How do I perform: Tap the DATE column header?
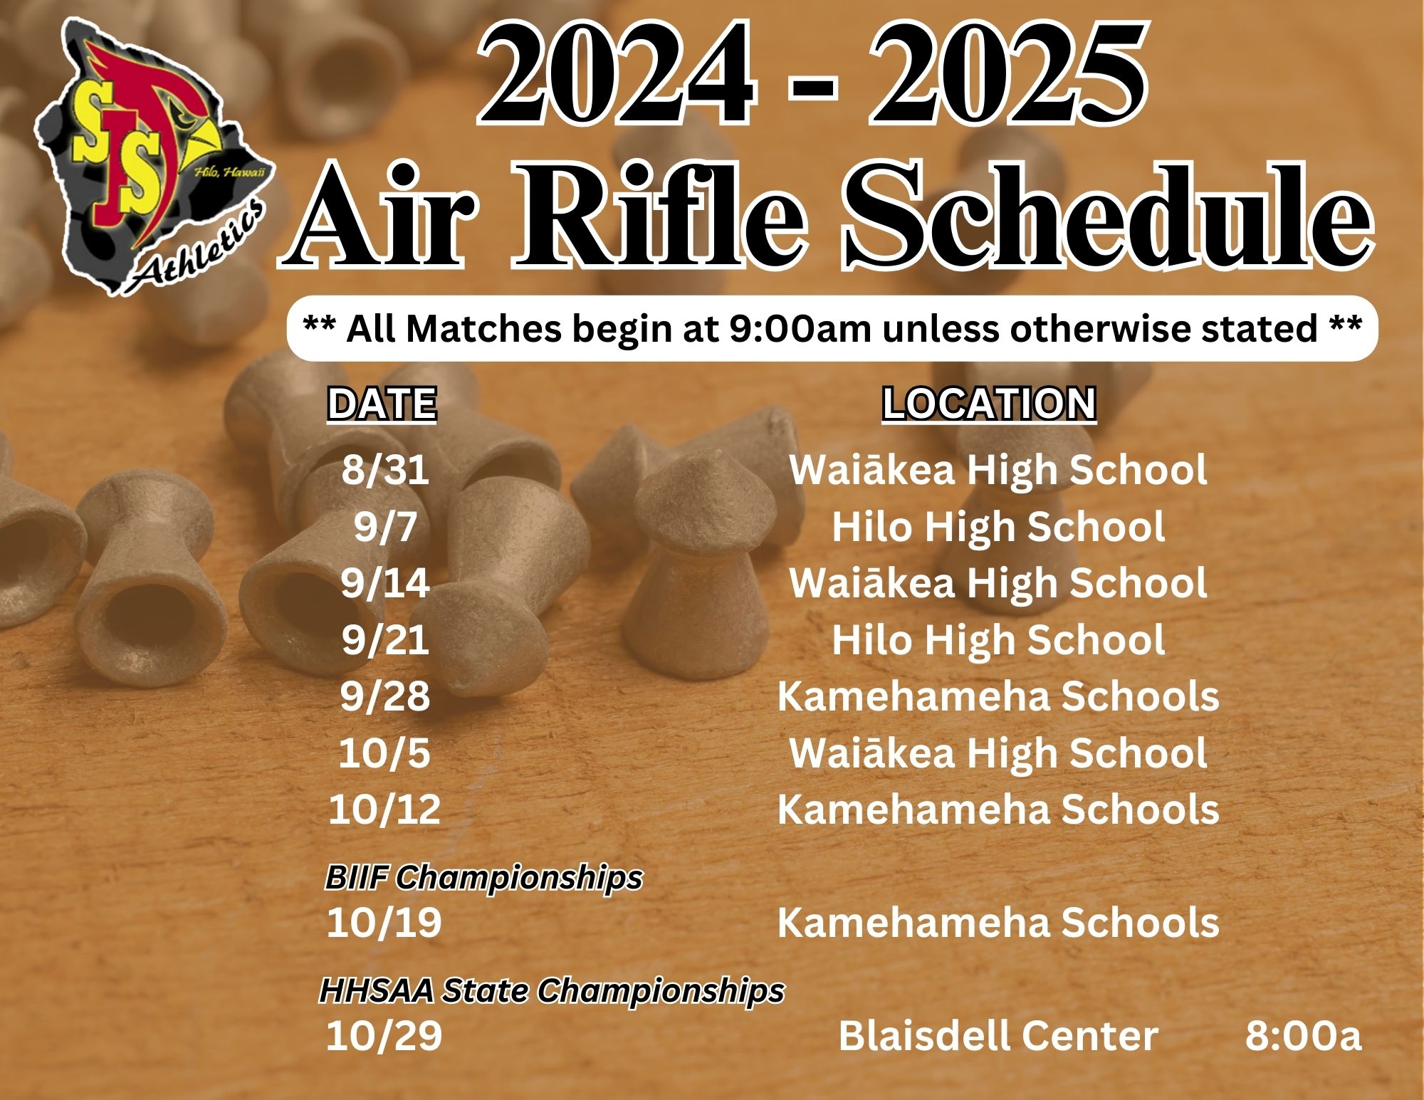click(382, 404)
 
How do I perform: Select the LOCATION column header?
click(989, 404)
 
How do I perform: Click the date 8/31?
click(385, 470)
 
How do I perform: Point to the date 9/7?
click(385, 527)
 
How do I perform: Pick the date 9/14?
click(385, 583)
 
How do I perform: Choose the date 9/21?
click(385, 639)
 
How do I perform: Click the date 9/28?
click(385, 696)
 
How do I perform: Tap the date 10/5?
click(384, 753)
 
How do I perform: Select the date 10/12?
click(384, 810)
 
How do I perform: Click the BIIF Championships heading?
click(483, 878)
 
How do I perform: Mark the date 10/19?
click(384, 923)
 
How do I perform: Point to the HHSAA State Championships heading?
click(552, 990)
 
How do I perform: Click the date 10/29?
click(384, 1036)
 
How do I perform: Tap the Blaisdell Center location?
click(998, 1036)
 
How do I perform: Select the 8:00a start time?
click(1303, 1036)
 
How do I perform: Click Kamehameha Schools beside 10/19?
click(998, 923)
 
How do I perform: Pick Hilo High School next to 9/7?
click(998, 527)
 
